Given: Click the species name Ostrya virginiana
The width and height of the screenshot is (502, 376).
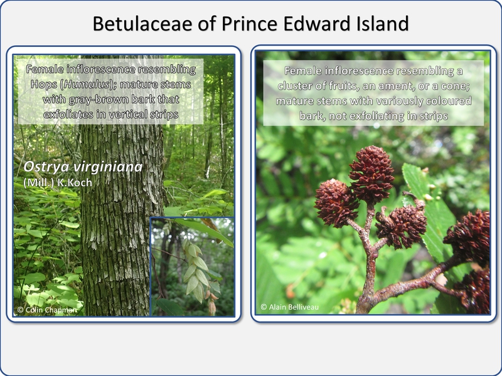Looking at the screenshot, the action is (83, 167).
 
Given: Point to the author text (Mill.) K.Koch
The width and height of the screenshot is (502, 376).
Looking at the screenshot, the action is (58, 182).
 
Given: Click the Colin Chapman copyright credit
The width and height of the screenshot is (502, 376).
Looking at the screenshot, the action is (47, 310).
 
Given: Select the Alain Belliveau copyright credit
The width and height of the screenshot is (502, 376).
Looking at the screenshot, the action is (289, 307).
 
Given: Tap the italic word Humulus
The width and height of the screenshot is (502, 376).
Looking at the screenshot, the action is (86, 85).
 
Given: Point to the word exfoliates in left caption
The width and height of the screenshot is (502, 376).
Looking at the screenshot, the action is (68, 114).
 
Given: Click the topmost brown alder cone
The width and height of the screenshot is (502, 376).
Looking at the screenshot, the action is (371, 174).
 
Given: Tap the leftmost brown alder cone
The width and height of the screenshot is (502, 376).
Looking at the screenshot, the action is (336, 203).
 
